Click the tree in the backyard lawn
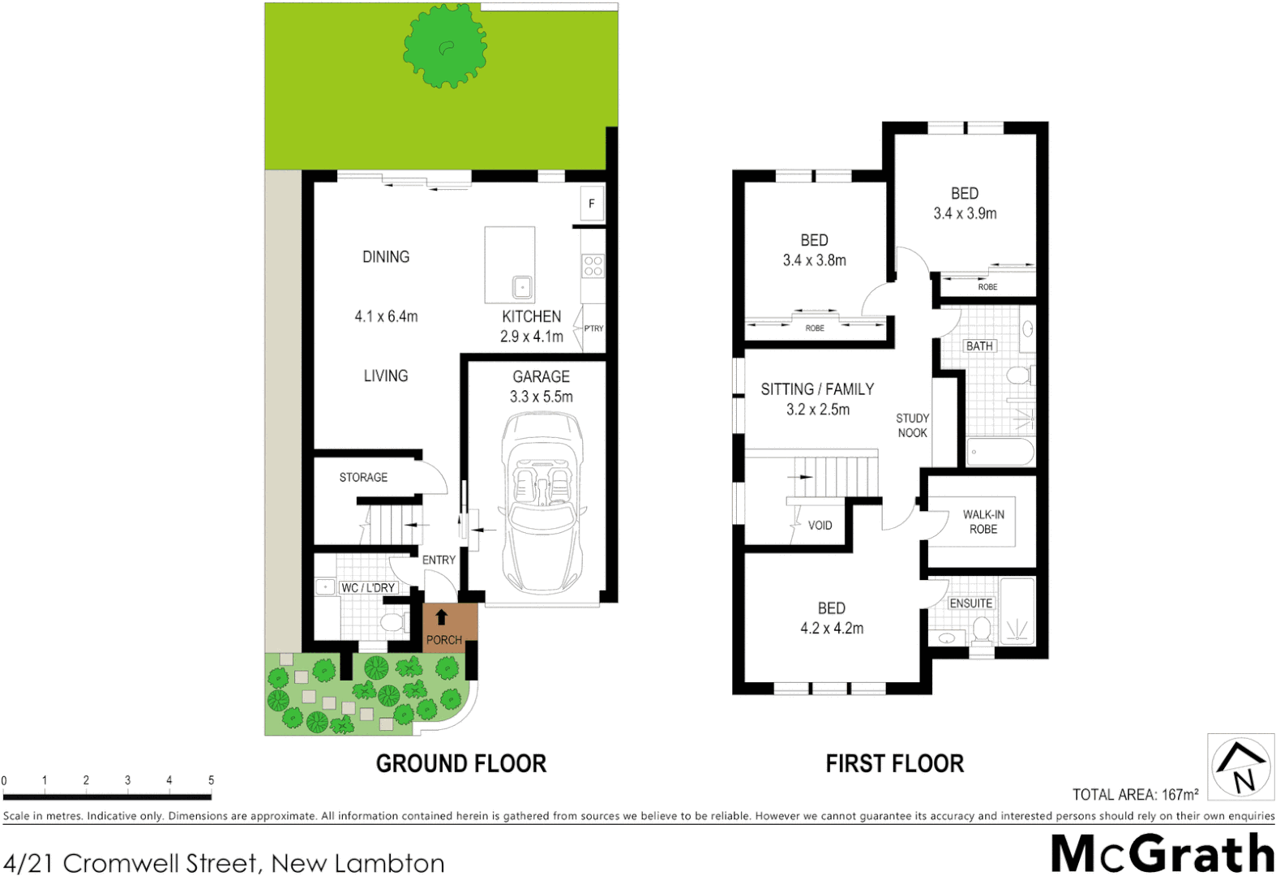[x=445, y=46]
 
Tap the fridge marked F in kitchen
[x=592, y=204]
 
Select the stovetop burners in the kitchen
[x=593, y=266]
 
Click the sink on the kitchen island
[x=522, y=287]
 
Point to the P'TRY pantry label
[x=593, y=328]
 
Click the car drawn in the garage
[x=542, y=503]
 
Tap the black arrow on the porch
[x=442, y=617]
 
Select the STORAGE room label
[x=363, y=477]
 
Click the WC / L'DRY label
[x=368, y=587]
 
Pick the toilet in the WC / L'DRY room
[x=394, y=623]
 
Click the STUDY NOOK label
[x=912, y=425]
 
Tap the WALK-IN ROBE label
[x=983, y=522]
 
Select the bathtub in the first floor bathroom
[x=1000, y=452]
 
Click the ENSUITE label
[x=970, y=603]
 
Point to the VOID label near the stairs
[x=820, y=526]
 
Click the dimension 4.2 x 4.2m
[x=832, y=628]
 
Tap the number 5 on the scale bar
[x=211, y=780]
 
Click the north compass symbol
[x=1240, y=766]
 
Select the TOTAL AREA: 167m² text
[x=1135, y=795]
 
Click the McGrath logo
[x=1162, y=853]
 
